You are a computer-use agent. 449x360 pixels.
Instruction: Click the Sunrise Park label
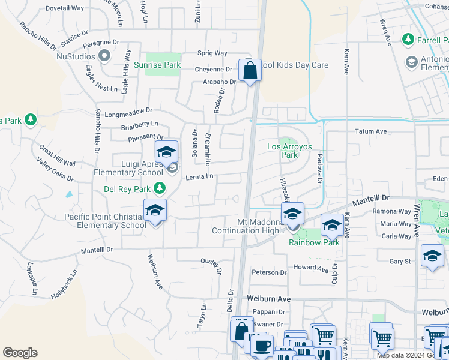(x=157, y=65)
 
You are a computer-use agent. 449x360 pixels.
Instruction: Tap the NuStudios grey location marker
(x=104, y=56)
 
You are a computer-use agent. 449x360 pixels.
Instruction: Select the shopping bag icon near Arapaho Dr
(x=249, y=71)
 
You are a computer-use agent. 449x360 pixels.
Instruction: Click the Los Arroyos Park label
(x=283, y=151)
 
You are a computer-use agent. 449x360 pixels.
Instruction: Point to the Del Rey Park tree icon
(x=159, y=189)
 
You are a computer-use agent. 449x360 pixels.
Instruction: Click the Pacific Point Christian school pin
(x=155, y=211)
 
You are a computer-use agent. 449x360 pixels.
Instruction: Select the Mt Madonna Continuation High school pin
(x=292, y=214)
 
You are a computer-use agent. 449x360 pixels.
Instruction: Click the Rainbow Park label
(x=314, y=242)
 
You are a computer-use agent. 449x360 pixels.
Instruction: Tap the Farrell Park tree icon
(x=408, y=39)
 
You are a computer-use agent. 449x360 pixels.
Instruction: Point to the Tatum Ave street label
(x=370, y=131)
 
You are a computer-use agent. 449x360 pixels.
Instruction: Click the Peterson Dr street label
(x=269, y=272)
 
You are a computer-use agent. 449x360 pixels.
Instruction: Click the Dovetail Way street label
(x=64, y=8)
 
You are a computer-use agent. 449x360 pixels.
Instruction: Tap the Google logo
(x=20, y=352)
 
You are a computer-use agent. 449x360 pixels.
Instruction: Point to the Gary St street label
(x=400, y=262)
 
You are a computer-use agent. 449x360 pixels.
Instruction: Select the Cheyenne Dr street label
(x=213, y=70)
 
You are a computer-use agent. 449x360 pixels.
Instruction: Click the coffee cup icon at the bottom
(x=261, y=346)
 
